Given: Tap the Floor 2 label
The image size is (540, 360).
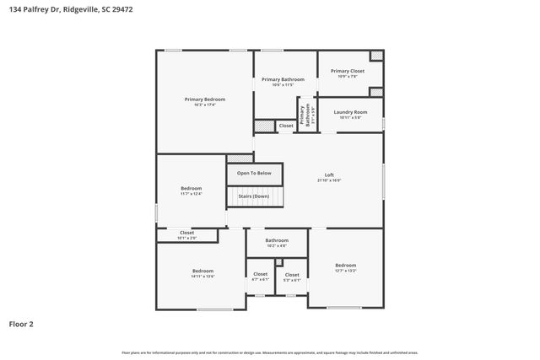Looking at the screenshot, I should click(22, 323).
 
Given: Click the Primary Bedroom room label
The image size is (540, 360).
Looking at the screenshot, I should click(204, 99).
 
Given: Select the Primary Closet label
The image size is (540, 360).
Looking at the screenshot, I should click(348, 71).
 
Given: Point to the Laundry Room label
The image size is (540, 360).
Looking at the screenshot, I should click(350, 112).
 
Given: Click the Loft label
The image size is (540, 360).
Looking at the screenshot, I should click(329, 175).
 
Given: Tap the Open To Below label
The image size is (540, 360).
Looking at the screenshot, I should click(254, 173).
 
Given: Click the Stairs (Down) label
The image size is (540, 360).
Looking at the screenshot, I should click(254, 196).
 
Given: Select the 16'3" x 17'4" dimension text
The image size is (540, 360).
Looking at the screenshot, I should click(204, 105).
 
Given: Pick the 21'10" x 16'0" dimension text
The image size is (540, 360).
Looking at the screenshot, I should click(329, 180).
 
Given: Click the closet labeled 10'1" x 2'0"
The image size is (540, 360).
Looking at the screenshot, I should click(186, 235).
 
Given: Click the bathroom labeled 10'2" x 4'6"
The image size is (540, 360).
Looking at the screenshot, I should click(277, 243).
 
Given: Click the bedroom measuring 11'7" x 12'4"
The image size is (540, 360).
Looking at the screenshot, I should click(191, 191).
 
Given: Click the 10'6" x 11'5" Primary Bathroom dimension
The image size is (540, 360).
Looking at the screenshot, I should click(282, 85).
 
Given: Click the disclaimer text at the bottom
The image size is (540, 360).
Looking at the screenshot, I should click(269, 352).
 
